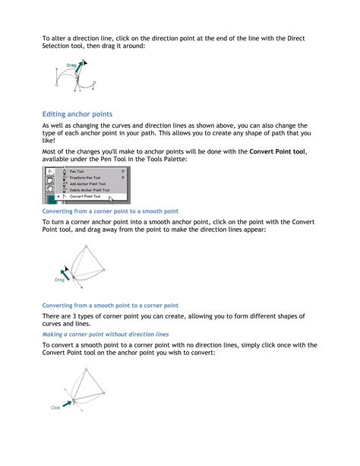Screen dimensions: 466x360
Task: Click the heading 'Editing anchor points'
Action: [82, 113]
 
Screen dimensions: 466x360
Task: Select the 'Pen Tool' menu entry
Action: [77, 171]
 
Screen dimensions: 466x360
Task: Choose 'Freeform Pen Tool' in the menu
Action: [86, 178]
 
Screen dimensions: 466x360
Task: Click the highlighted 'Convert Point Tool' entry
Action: [85, 197]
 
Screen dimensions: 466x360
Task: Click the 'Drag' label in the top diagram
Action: [71, 66]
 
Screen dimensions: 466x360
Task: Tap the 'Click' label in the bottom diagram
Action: [55, 408]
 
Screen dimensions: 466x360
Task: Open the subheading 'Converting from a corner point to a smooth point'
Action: [110, 211]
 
